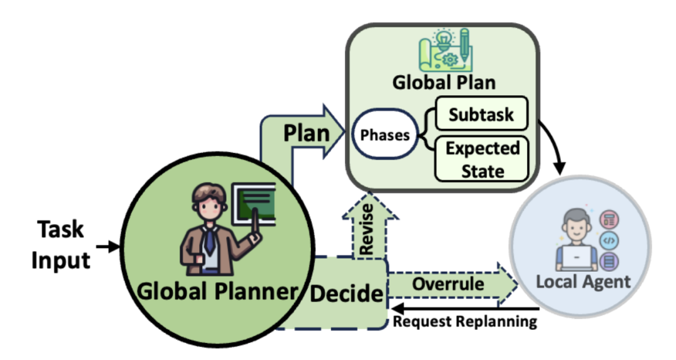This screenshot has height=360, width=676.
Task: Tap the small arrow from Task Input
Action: (108, 247)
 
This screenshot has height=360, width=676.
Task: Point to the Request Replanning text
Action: (464, 322)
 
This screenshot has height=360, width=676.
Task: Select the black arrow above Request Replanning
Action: (463, 309)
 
